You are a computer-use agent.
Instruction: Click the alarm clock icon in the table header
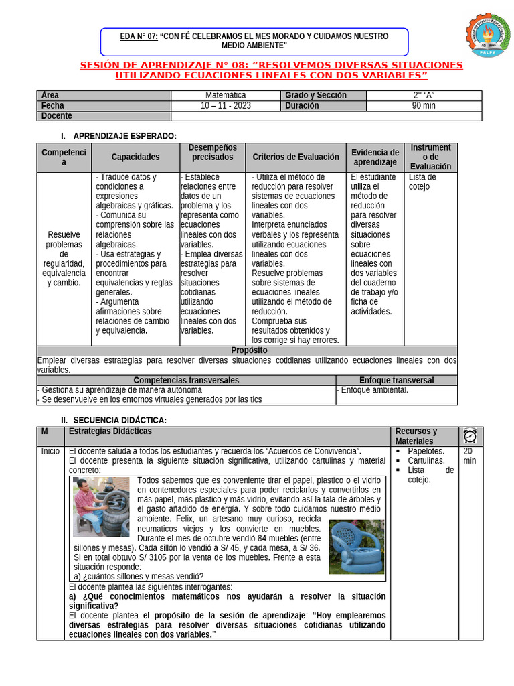tap(470, 436)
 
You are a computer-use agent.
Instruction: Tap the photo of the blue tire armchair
tap(356, 547)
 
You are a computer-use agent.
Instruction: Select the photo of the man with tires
tap(101, 506)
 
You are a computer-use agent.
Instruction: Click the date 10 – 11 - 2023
tap(226, 106)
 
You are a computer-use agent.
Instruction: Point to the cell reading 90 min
tap(424, 106)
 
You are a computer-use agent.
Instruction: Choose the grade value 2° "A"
tap(424, 96)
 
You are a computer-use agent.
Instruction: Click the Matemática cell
tap(226, 96)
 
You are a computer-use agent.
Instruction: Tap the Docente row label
tap(56, 116)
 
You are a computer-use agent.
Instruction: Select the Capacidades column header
tap(135, 157)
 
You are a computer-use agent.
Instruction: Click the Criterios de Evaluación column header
tap(295, 157)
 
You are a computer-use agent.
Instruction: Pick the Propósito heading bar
tap(248, 350)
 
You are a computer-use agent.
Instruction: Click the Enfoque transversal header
tap(396, 380)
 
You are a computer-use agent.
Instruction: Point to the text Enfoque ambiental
tap(374, 390)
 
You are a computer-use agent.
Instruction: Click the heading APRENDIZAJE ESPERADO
tap(124, 136)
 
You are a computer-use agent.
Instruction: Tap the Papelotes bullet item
tap(426, 452)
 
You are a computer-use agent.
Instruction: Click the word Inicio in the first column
tap(50, 452)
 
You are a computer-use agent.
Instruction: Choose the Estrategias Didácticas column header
tap(110, 431)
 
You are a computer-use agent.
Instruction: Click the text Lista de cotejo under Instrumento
tap(422, 182)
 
